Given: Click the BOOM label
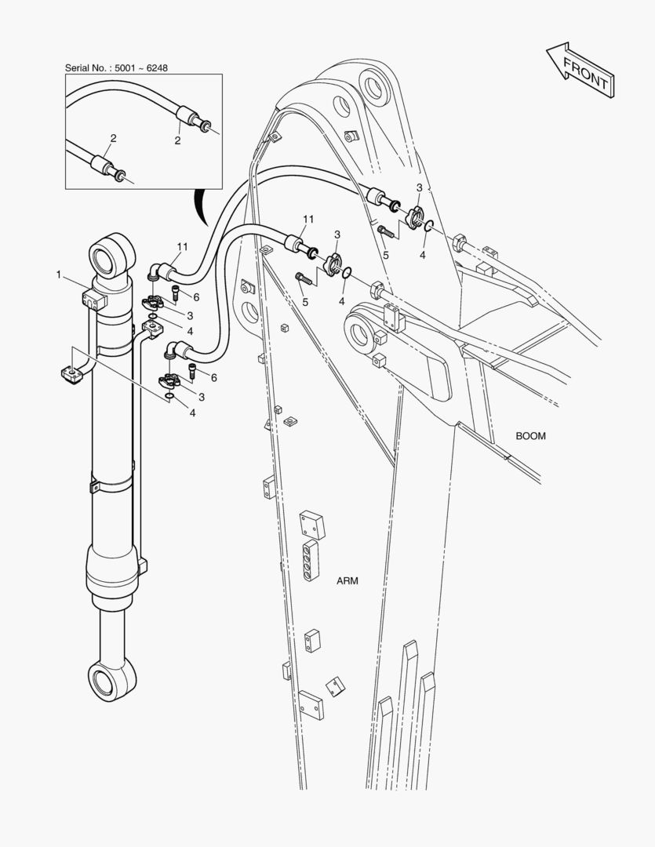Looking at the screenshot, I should [x=531, y=435].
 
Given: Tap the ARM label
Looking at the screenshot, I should [x=348, y=581].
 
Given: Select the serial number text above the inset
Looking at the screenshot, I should [x=116, y=68].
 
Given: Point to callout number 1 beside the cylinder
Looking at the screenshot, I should [x=59, y=274].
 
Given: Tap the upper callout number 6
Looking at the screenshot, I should [x=196, y=297].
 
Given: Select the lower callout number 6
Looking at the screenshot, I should [x=213, y=377].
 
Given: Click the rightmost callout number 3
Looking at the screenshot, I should [x=419, y=187].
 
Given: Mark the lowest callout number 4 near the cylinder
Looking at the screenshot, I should [x=192, y=413].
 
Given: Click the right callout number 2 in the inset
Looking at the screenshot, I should [x=177, y=140].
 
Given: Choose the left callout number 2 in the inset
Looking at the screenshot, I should [x=113, y=138].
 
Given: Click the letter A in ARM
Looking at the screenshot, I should [x=340, y=581].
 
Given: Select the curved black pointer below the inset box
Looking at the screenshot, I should [x=201, y=205].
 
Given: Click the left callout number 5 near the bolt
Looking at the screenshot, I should [x=305, y=301].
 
